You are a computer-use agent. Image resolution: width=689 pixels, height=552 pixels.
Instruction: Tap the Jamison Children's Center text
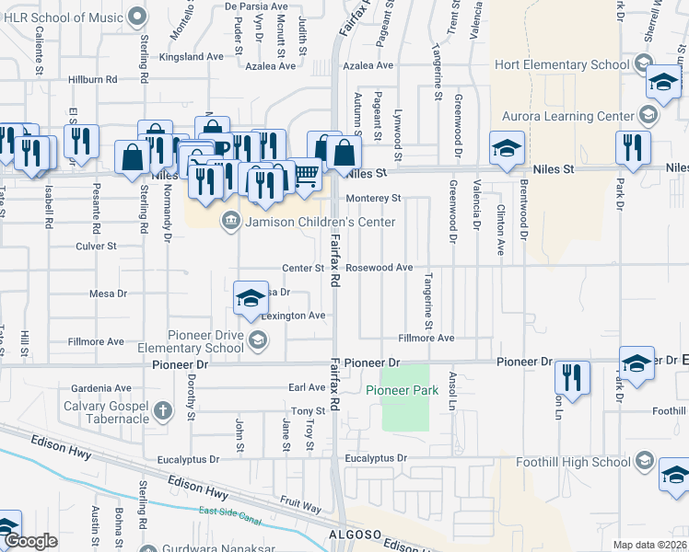click(320, 222)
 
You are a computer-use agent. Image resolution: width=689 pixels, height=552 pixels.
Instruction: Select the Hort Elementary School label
click(561, 64)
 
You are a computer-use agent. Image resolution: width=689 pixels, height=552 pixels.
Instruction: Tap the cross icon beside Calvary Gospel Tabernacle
click(163, 410)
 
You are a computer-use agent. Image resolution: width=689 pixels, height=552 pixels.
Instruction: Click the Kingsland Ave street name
click(191, 56)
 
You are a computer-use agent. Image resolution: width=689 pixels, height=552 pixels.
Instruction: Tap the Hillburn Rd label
click(99, 80)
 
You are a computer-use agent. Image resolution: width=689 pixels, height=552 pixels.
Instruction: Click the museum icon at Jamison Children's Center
click(231, 221)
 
